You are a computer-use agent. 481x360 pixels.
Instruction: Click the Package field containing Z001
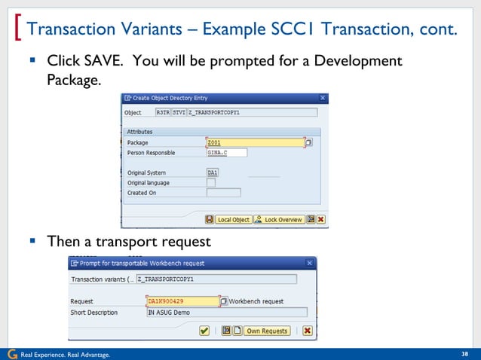(x=254, y=142)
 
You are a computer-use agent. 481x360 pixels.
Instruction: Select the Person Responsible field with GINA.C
(x=226, y=152)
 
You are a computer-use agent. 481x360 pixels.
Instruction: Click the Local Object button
(x=233, y=220)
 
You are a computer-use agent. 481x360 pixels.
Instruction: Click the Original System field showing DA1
(x=213, y=172)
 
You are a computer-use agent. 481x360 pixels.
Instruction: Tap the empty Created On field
(x=223, y=193)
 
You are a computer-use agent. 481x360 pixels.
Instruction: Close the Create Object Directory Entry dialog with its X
(x=323, y=98)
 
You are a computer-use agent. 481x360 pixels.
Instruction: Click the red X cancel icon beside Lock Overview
(x=321, y=220)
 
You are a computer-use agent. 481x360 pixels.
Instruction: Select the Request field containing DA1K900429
(x=182, y=301)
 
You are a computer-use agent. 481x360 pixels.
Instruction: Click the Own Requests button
(x=267, y=331)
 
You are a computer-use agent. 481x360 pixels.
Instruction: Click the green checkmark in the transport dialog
(x=204, y=331)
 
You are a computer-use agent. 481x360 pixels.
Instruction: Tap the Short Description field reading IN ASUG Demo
(x=226, y=312)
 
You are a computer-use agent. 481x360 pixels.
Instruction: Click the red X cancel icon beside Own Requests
(x=308, y=331)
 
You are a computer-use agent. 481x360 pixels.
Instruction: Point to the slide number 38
(x=464, y=354)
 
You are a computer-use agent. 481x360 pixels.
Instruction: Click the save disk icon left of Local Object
(x=209, y=220)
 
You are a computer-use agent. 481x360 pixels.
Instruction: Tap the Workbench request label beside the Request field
(x=256, y=301)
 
